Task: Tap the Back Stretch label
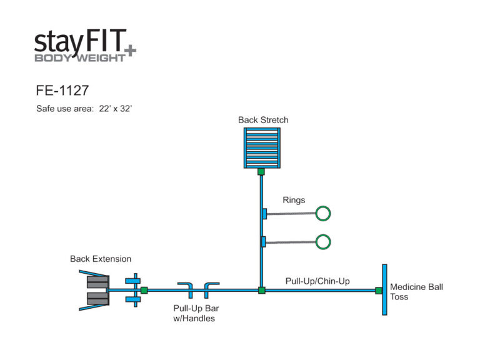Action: (263, 120)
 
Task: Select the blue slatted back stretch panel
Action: (262, 147)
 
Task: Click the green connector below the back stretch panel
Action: (262, 171)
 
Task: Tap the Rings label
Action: (294, 200)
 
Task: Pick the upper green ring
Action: (322, 213)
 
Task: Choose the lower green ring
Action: (322, 241)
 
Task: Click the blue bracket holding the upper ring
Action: (265, 214)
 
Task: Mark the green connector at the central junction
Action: (262, 290)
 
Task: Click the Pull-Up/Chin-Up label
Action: (317, 281)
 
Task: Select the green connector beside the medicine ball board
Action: (378, 290)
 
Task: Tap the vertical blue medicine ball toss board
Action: (384, 289)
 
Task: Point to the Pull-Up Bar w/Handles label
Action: (196, 313)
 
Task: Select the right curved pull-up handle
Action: (211, 289)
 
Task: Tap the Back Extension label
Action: (101, 259)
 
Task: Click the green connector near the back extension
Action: (144, 290)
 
